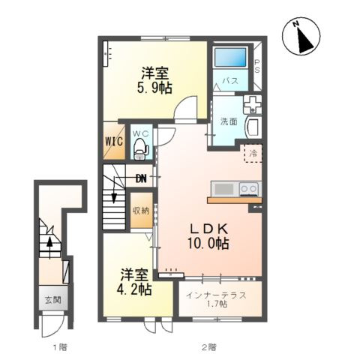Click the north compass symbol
coord(301,36)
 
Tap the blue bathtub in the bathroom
coord(230,57)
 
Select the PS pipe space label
coord(257,66)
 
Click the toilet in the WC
coord(141,149)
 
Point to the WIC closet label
coord(114,142)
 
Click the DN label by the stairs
coord(141,178)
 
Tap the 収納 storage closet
coord(141,210)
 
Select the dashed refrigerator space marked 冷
coord(253,153)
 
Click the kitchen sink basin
coord(224,189)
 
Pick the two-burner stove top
coord(250,189)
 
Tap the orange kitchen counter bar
coord(235,200)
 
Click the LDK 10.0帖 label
coord(208,236)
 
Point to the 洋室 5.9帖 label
coord(154,80)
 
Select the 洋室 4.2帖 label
coord(134,282)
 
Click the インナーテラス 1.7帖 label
coord(216,299)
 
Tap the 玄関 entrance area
coord(53,299)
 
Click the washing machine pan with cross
coord(253,104)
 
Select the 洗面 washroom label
coord(229,121)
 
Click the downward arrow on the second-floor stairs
coord(114,190)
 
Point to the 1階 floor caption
coord(60,346)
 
